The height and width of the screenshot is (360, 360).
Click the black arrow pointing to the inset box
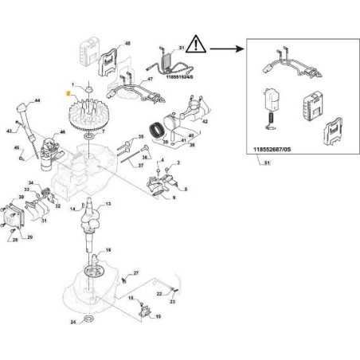coord(232,48)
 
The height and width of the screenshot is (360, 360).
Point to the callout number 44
coord(37,103)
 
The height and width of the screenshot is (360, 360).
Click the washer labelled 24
coord(89,320)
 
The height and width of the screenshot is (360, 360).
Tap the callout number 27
coord(136,273)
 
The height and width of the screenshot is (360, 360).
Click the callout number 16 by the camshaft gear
coord(109,249)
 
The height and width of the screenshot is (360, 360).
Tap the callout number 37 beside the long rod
coord(140,166)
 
